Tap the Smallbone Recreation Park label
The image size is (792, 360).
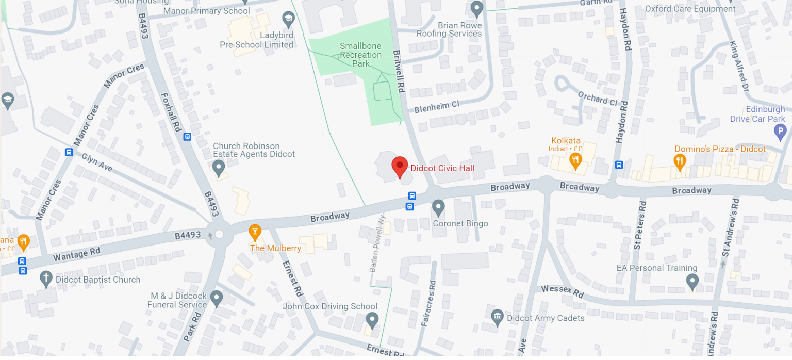point(360,55)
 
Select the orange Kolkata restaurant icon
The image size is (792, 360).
point(575,161)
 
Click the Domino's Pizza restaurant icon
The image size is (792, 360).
point(680,161)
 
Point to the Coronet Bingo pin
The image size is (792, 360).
point(438,207)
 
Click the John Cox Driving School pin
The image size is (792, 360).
point(372,319)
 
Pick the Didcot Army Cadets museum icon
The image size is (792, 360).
point(497,317)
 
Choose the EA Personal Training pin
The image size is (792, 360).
point(692,281)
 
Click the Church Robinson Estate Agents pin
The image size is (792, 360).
point(219,167)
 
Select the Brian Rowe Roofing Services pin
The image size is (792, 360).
point(477,8)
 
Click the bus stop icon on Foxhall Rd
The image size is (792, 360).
point(187,137)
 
